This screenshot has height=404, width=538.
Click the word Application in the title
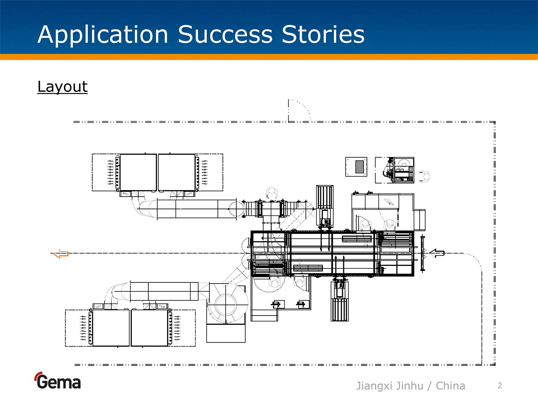[103, 35]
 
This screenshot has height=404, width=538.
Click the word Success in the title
[225, 34]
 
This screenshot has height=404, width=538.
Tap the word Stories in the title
[323, 34]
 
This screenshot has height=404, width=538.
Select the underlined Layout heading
[62, 87]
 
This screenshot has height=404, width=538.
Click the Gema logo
[58, 381]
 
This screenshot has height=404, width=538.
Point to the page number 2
[500, 386]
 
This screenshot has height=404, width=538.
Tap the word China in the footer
[450, 386]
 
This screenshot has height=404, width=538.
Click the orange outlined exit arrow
[61, 254]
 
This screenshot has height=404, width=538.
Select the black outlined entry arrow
[437, 253]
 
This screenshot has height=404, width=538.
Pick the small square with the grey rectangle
[356, 167]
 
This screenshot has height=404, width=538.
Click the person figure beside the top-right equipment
[425, 177]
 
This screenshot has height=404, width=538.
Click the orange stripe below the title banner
[269, 57]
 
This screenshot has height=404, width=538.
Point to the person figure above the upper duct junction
[272, 194]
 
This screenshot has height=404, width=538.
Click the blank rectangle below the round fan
[226, 333]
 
